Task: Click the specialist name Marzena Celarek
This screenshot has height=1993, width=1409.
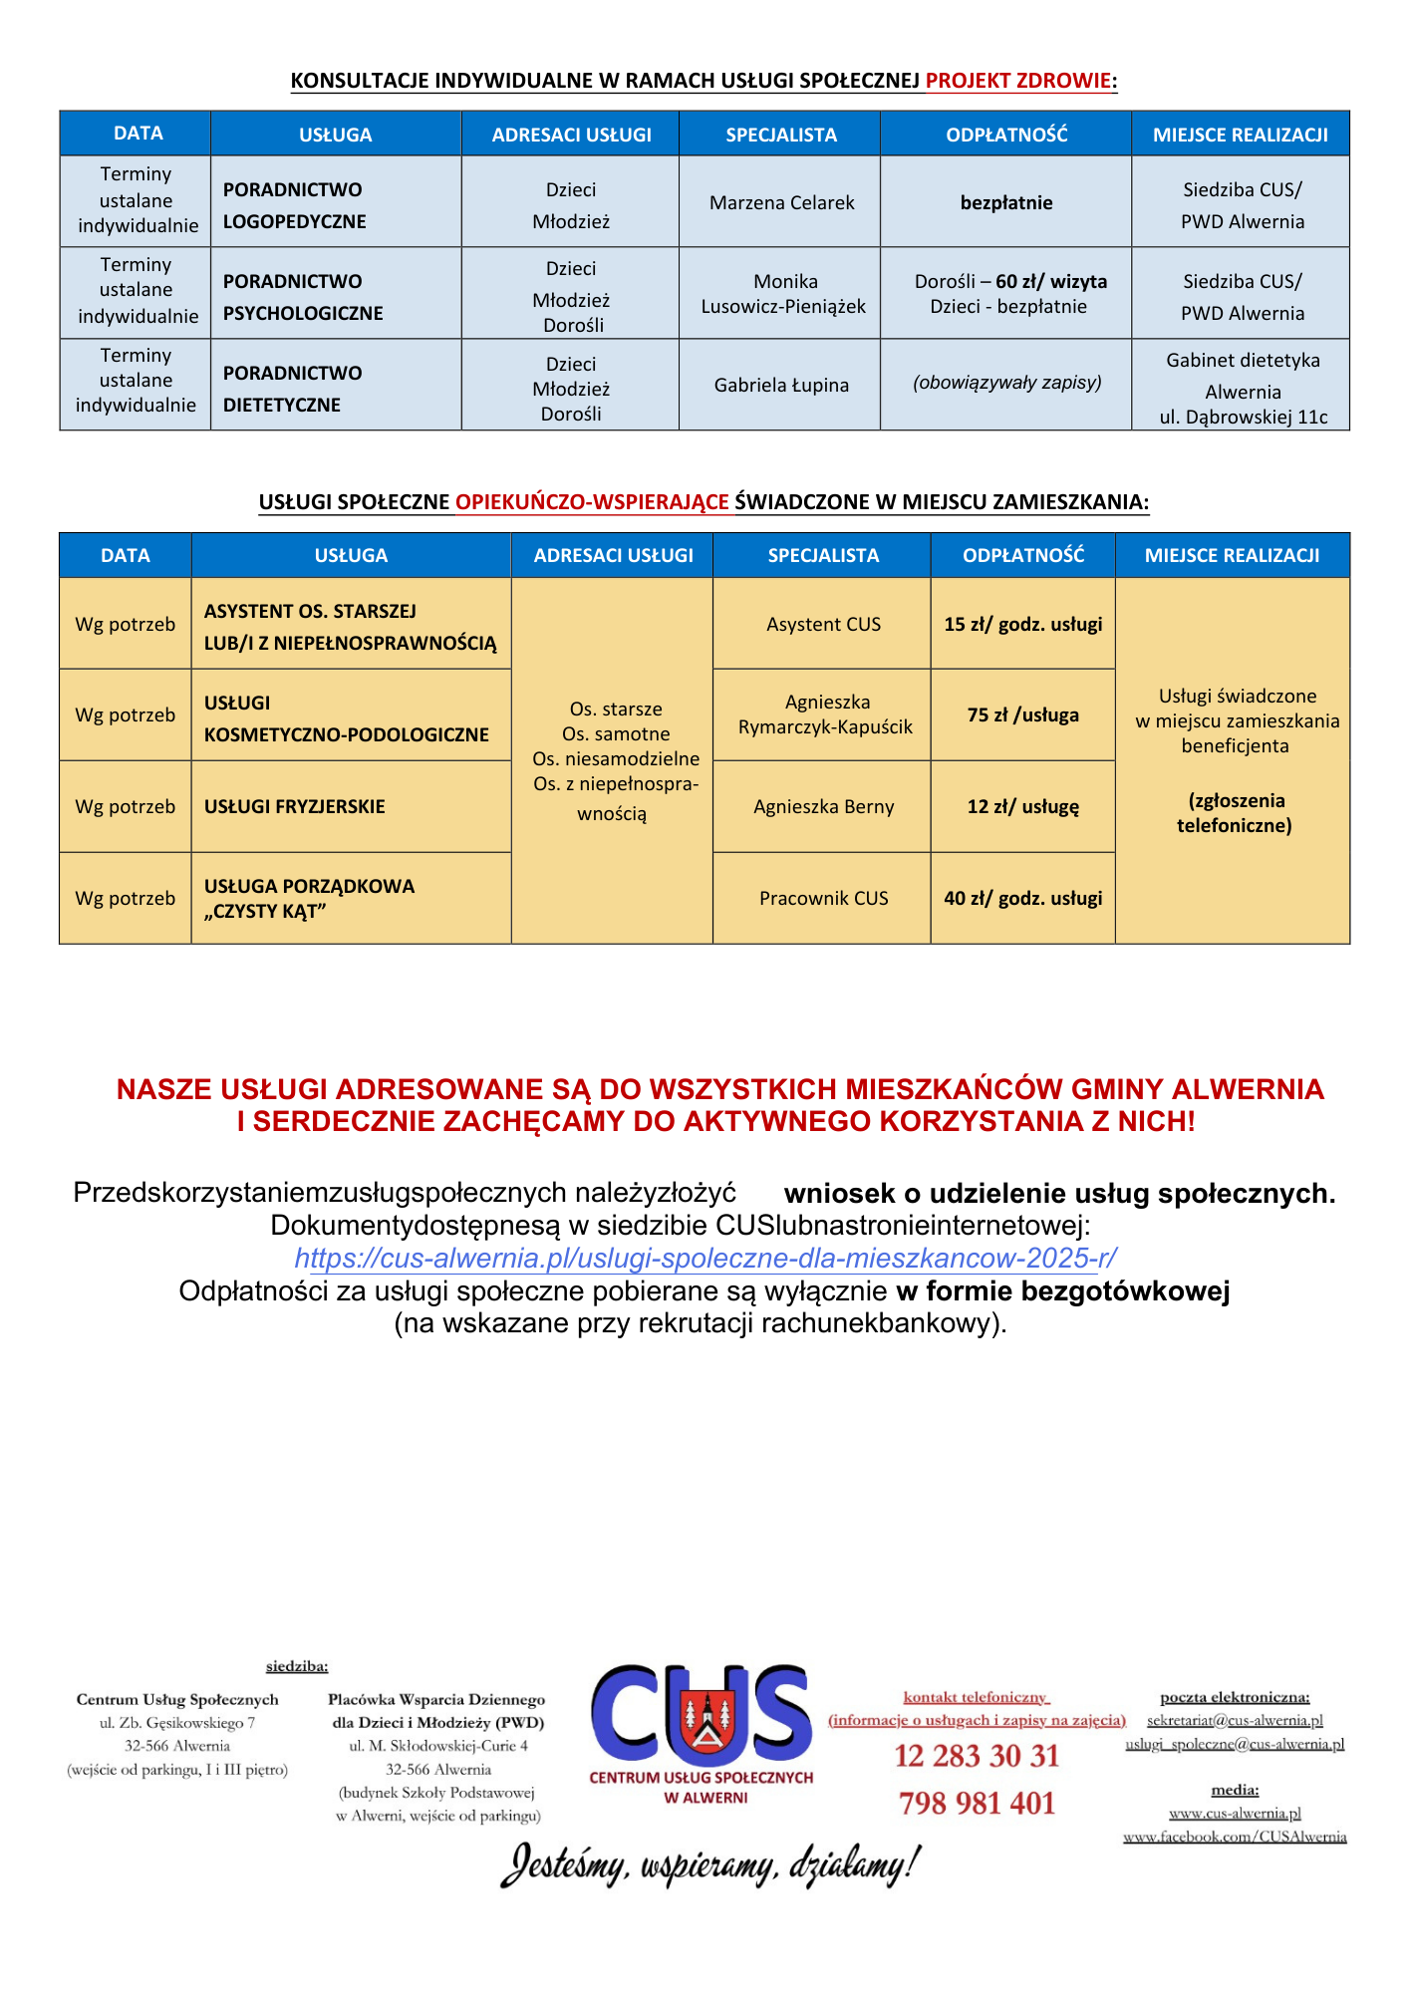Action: click(781, 202)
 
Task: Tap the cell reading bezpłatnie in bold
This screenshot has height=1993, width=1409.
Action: click(1005, 202)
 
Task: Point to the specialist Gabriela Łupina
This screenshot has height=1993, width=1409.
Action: click(781, 385)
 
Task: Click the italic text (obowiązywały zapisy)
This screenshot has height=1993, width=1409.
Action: click(1006, 383)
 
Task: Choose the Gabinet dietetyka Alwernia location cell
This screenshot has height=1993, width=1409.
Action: click(1242, 389)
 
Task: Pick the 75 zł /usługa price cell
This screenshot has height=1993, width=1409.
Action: click(1022, 714)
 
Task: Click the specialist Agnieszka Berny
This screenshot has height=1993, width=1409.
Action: click(823, 806)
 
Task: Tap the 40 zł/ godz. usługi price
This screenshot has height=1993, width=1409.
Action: click(1022, 898)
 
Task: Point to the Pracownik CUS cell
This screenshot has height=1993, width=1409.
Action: click(823, 898)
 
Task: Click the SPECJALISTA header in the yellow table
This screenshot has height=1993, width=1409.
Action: click(823, 555)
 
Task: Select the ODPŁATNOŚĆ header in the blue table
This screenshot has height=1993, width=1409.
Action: click(1005, 135)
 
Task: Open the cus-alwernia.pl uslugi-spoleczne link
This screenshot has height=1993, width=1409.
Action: click(704, 1258)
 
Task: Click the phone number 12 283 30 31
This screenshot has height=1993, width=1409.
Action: click(977, 1756)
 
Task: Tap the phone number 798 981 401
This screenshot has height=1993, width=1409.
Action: click(977, 1803)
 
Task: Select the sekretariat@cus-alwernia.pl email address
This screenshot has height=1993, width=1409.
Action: click(1235, 1720)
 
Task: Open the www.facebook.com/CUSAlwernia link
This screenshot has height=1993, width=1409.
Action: click(1235, 1837)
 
